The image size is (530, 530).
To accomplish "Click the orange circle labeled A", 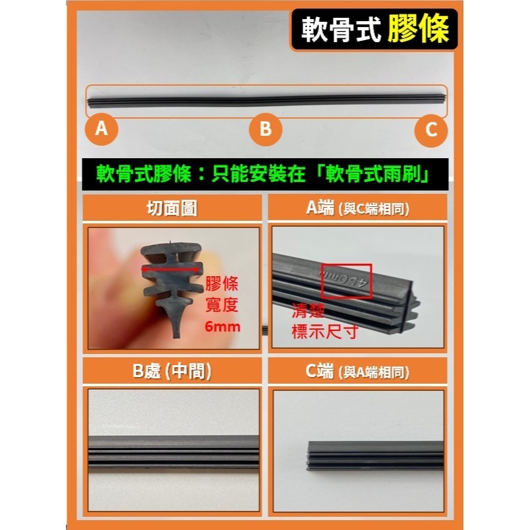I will pos(101,129).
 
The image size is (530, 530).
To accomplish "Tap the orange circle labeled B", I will pos(265,129).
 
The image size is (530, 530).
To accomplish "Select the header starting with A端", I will pos(357,208).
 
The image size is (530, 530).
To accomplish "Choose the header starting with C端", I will pos(357,371).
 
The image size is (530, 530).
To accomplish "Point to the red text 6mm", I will pos(223,327).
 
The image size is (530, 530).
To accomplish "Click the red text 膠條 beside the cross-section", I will pos(222,285).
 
